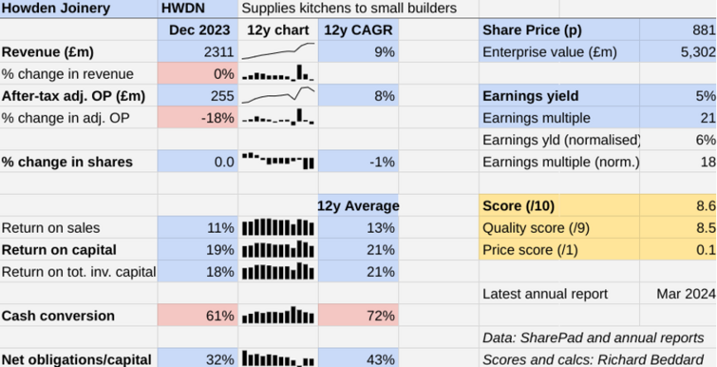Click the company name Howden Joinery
56,9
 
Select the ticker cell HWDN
181,9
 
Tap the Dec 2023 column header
199,30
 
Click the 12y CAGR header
358,30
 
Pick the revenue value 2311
218,52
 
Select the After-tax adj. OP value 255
221,96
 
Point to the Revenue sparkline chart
278,51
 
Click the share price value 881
702,30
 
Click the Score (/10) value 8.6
704,206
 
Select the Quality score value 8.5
704,228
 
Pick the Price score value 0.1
704,250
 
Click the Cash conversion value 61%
218,316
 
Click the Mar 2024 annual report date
686,294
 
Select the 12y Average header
357,206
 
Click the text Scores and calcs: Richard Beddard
594,359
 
